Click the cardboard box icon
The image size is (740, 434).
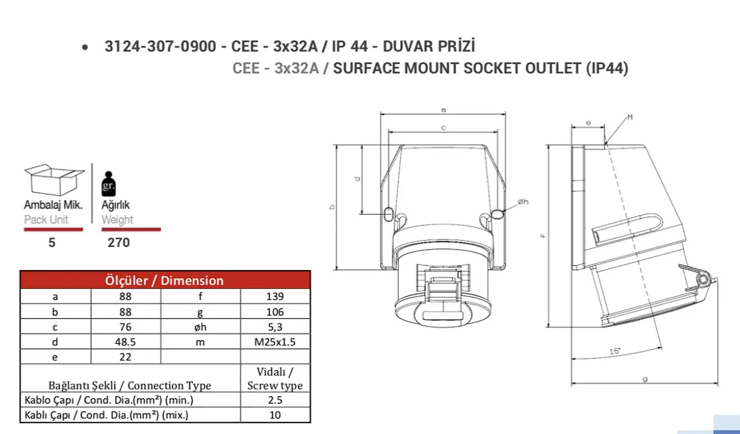click(x=54, y=180)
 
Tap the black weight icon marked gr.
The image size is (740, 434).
click(x=109, y=183)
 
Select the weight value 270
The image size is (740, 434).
click(x=119, y=243)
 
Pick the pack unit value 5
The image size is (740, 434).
click(x=52, y=243)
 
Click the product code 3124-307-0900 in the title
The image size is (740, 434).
click(x=160, y=46)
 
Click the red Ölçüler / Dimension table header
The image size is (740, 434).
click(x=165, y=280)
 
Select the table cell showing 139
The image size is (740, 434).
click(x=275, y=296)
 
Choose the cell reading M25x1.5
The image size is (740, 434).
click(x=275, y=342)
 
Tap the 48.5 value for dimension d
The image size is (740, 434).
click(x=126, y=342)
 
